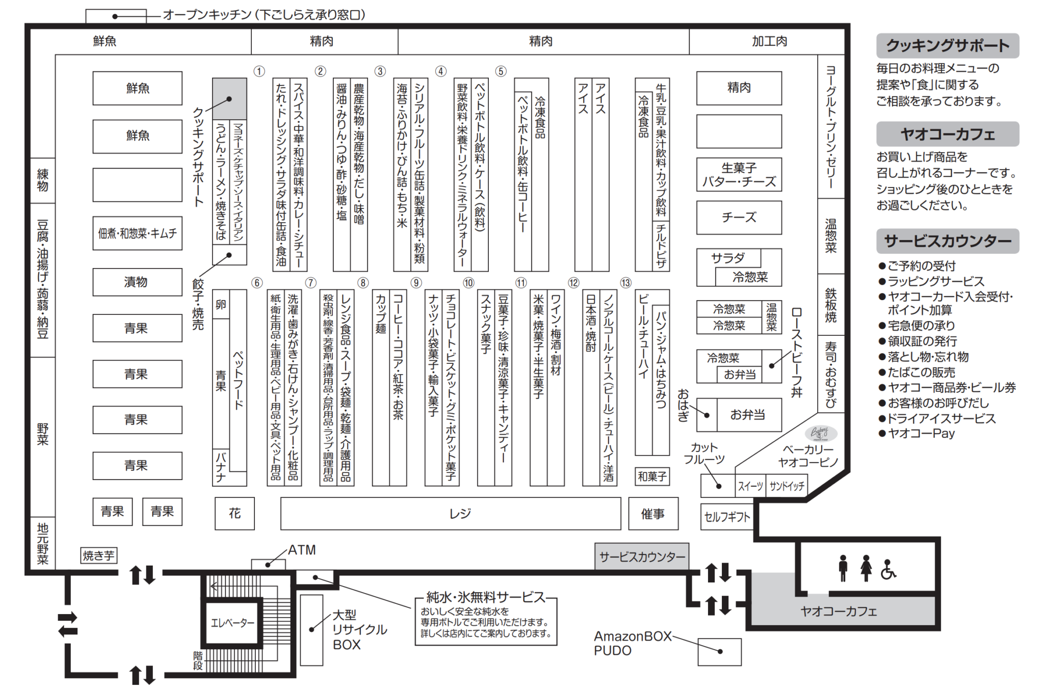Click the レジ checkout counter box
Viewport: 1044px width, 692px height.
click(451, 514)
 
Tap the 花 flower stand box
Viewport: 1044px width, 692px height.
click(234, 513)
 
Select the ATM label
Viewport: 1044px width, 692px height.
click(302, 550)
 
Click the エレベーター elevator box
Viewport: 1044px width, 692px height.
click(232, 623)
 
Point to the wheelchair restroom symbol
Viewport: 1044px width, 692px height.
click(888, 570)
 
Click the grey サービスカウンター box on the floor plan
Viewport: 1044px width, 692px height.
click(642, 556)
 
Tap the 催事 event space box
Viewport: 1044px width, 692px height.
click(653, 514)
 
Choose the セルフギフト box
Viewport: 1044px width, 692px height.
click(727, 517)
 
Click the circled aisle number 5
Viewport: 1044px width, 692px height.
click(501, 71)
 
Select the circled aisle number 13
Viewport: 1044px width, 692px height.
click(626, 283)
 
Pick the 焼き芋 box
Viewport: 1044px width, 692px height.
click(99, 555)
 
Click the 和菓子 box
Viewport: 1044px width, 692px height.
click(652, 476)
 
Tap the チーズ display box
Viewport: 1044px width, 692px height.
click(739, 218)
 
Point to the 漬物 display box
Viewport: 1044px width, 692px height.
click(137, 282)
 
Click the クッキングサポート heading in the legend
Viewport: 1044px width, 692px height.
click(947, 46)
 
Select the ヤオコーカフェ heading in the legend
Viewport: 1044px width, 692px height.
click(947, 134)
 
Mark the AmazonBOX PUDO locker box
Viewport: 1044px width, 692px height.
click(719, 652)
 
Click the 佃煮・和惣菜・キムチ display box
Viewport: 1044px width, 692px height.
click(137, 233)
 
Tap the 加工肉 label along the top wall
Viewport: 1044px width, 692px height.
click(769, 41)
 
